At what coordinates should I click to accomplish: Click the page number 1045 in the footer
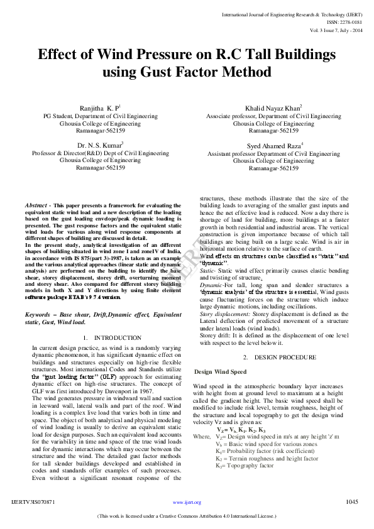pyautogui.click(x=352, y=502)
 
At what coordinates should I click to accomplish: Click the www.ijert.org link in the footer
pyautogui.click(x=187, y=503)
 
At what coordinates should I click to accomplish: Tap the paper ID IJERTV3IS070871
pyautogui.click(x=33, y=503)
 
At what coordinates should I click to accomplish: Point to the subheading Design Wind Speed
pyautogui.click(x=220, y=372)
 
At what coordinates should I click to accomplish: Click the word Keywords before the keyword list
pyautogui.click(x=38, y=314)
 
